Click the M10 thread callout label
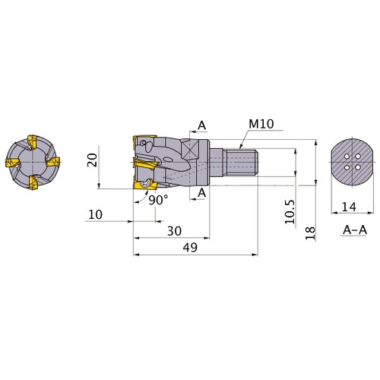tap(261, 124)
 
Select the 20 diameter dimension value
tap(93, 160)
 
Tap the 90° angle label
tap(158, 200)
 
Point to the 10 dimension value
tap(95, 214)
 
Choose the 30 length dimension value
tap(174, 231)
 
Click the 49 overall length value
tap(190, 248)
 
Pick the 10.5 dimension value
tap(290, 212)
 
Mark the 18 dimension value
tap(310, 233)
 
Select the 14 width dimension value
tap(349, 207)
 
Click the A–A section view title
tap(355, 230)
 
